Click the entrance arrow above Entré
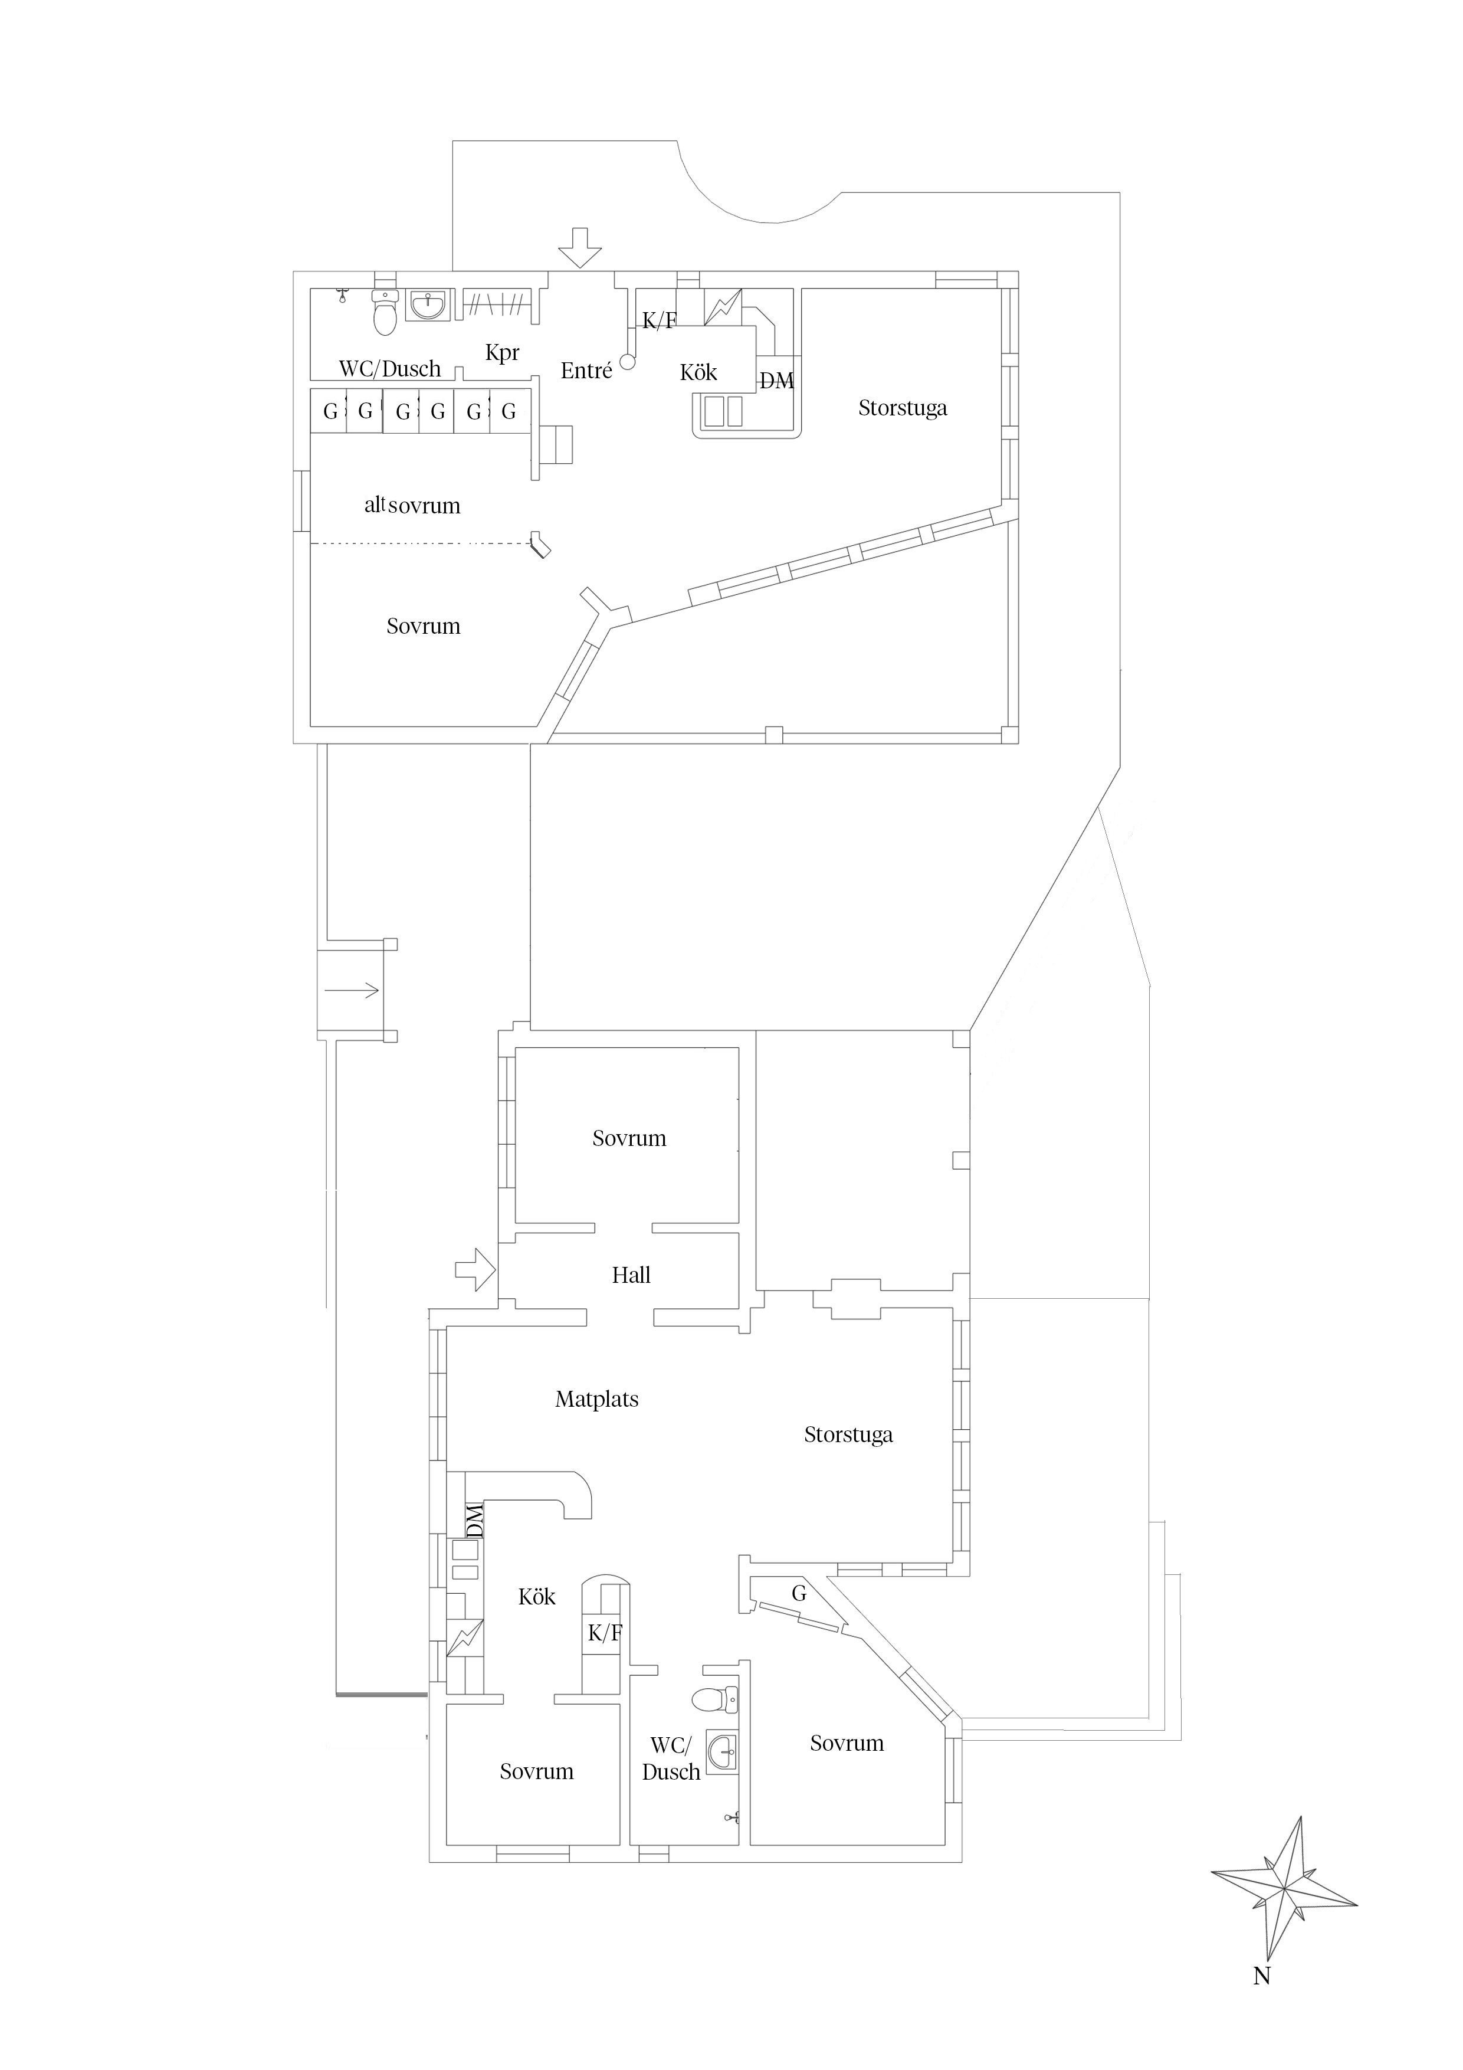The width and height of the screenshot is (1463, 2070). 580,247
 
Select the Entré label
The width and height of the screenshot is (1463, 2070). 586,371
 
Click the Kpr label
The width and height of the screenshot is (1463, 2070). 502,352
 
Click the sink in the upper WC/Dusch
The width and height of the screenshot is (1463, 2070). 428,306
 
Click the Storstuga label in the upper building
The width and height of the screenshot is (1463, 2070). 903,408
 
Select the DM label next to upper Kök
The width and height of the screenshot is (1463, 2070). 776,381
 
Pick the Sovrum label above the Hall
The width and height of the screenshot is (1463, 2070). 629,1139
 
